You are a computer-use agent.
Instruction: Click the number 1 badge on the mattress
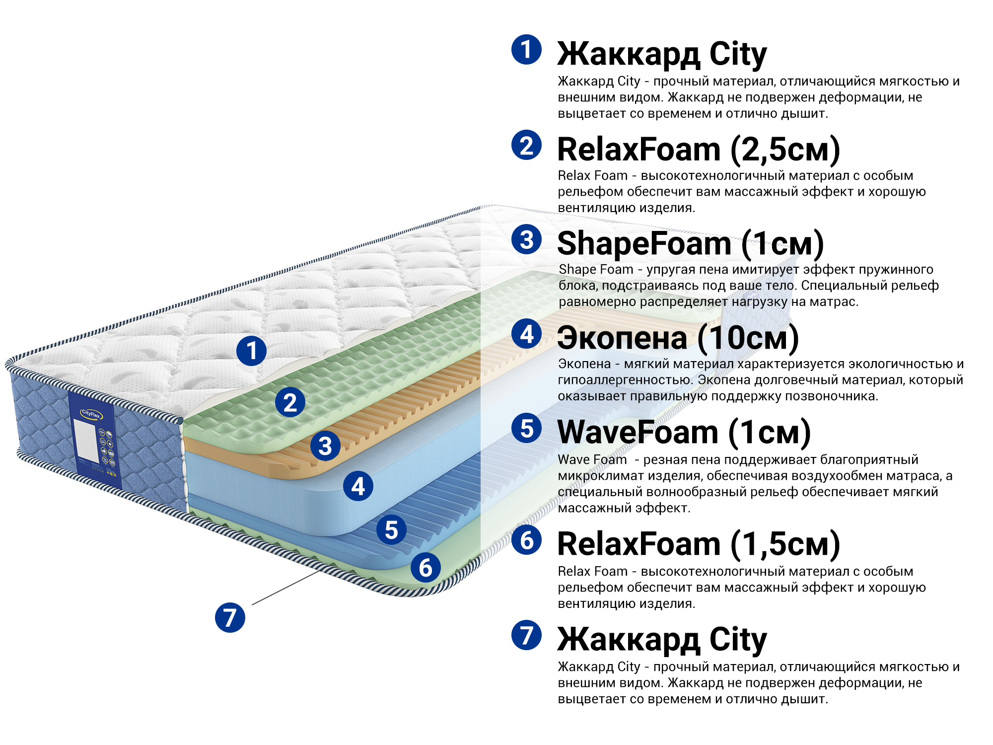[x=251, y=351]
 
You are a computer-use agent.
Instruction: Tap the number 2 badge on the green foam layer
[x=290, y=402]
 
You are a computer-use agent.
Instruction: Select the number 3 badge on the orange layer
[x=325, y=446]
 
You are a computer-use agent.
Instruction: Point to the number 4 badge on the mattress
[x=358, y=486]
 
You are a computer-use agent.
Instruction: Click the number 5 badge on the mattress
[x=391, y=529]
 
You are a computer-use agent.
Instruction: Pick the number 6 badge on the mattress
[x=426, y=568]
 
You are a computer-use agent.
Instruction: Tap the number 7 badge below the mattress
[x=230, y=617]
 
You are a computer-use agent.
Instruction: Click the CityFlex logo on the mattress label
[x=91, y=414]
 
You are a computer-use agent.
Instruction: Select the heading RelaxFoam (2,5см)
[x=698, y=149]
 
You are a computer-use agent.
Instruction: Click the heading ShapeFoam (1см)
[x=690, y=243]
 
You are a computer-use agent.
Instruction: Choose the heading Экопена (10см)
[x=678, y=338]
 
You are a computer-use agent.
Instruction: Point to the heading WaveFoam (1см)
[x=684, y=432]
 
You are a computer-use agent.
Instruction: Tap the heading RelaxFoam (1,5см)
[x=698, y=544]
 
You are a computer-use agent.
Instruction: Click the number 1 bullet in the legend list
[x=526, y=49]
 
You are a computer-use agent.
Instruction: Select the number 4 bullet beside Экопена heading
[x=526, y=334]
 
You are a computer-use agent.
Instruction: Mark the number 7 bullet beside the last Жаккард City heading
[x=526, y=635]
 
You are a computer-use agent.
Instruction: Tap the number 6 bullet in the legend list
[x=526, y=540]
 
